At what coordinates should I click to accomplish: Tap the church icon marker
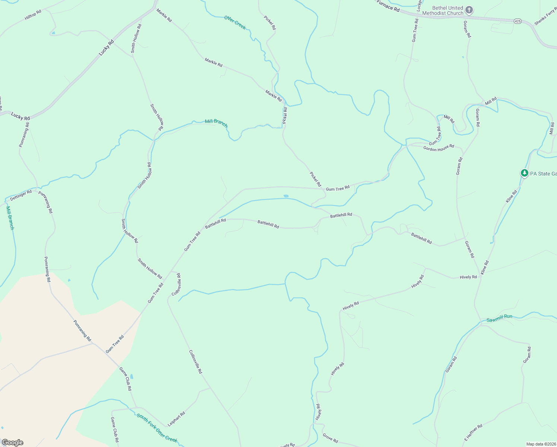click(x=469, y=10)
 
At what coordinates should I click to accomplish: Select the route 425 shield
click(x=518, y=21)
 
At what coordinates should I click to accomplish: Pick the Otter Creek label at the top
click(x=235, y=22)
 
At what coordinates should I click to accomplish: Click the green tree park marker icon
click(x=524, y=173)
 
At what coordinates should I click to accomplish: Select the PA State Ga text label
click(x=543, y=174)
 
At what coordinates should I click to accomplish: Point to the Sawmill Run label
click(x=499, y=318)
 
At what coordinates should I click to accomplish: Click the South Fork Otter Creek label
click(x=157, y=428)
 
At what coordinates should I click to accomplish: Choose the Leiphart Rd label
click(x=176, y=419)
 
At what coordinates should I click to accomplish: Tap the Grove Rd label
click(x=330, y=438)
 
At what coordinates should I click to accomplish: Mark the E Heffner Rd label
click(x=473, y=433)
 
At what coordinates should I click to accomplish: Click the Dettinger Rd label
click(x=21, y=195)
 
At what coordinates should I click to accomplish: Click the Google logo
click(x=12, y=443)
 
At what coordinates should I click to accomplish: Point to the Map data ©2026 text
click(x=541, y=444)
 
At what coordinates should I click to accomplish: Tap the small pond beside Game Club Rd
click(x=132, y=376)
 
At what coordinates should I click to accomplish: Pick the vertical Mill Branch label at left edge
click(x=10, y=218)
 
